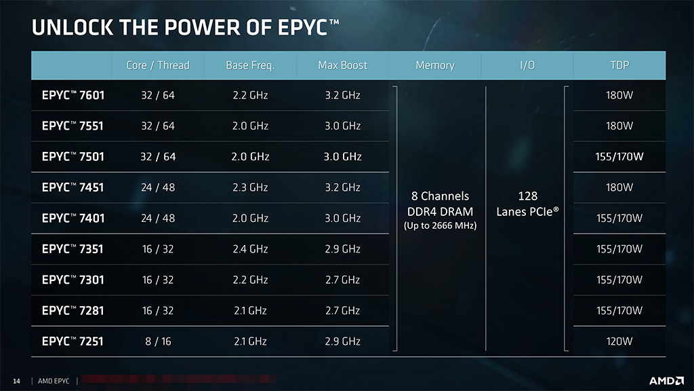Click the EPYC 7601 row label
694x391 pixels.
point(73,95)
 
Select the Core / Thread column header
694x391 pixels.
point(158,65)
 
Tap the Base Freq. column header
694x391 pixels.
point(250,65)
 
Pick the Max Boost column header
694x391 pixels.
point(342,65)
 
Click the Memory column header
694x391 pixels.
point(434,65)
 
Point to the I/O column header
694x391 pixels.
point(527,65)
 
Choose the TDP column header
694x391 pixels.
point(619,65)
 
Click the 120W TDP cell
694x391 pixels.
point(619,341)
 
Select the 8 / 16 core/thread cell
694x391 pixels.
point(158,341)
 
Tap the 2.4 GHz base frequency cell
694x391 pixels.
point(250,249)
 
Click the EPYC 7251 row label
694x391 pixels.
point(73,341)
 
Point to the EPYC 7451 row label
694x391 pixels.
point(73,187)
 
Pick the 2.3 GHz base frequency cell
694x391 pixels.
point(250,187)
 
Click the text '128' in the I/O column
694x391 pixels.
point(527,196)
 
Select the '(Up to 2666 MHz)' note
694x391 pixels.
point(440,225)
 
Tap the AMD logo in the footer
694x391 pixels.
point(666,381)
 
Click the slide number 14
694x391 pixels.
point(17,381)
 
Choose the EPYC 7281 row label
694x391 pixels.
point(73,311)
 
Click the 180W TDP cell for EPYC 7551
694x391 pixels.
point(619,126)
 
